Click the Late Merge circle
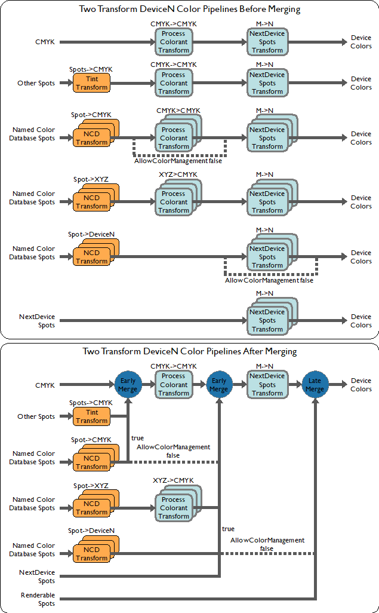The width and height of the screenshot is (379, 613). [x=315, y=385]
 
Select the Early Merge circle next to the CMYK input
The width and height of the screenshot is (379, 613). [x=128, y=385]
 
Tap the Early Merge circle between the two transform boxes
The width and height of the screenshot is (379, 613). [x=219, y=385]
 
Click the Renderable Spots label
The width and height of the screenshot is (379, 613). [x=38, y=599]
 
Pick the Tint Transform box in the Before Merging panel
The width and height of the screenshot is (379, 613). [x=92, y=83]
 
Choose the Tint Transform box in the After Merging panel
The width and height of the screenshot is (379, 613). [x=92, y=416]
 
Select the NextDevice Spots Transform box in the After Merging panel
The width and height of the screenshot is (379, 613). [x=267, y=385]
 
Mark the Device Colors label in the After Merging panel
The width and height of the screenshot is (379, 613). [x=360, y=385]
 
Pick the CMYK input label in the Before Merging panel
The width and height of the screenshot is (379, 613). [x=45, y=42]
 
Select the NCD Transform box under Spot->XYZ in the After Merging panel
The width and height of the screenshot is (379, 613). [x=92, y=508]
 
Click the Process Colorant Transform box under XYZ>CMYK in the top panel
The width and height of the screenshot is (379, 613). [x=174, y=202]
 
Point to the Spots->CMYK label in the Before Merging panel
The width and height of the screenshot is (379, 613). [x=91, y=69]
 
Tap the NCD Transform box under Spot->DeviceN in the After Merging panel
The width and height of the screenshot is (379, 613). [x=92, y=554]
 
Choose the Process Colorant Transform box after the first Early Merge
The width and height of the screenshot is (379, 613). [x=174, y=385]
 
